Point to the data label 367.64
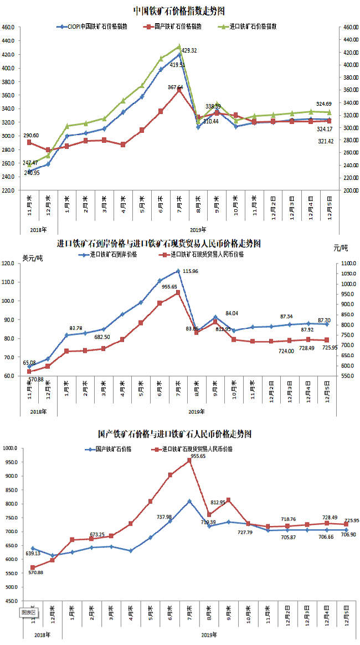coord(176,87)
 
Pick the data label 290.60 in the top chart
coord(31,136)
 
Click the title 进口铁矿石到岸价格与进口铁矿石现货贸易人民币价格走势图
coord(158,243)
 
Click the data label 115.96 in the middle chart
coord(191,271)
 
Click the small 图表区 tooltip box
coord(28,612)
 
